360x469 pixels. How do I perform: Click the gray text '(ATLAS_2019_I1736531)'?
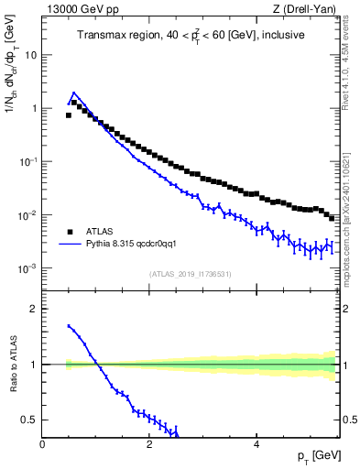coord(189,274)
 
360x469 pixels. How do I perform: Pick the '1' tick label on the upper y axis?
coord(34,108)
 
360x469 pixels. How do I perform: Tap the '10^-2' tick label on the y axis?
coord(27,215)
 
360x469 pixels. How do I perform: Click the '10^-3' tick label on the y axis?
coord(27,268)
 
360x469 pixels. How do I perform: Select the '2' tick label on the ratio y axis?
coord(34,309)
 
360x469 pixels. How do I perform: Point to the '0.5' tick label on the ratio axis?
coord(29,420)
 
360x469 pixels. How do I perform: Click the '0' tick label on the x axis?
coord(42,444)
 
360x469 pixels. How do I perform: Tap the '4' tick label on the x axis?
coord(256,444)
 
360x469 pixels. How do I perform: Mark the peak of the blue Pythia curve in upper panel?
coord(73,93)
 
